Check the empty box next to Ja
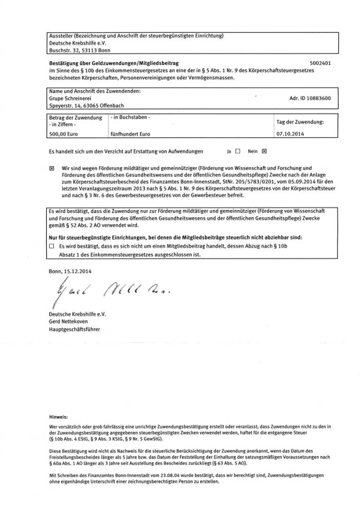[x=238, y=152]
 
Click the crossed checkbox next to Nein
[x=264, y=152]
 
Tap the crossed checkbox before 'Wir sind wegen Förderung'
[x=51, y=168]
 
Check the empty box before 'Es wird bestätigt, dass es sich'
[x=51, y=247]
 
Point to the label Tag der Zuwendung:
[x=300, y=122]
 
